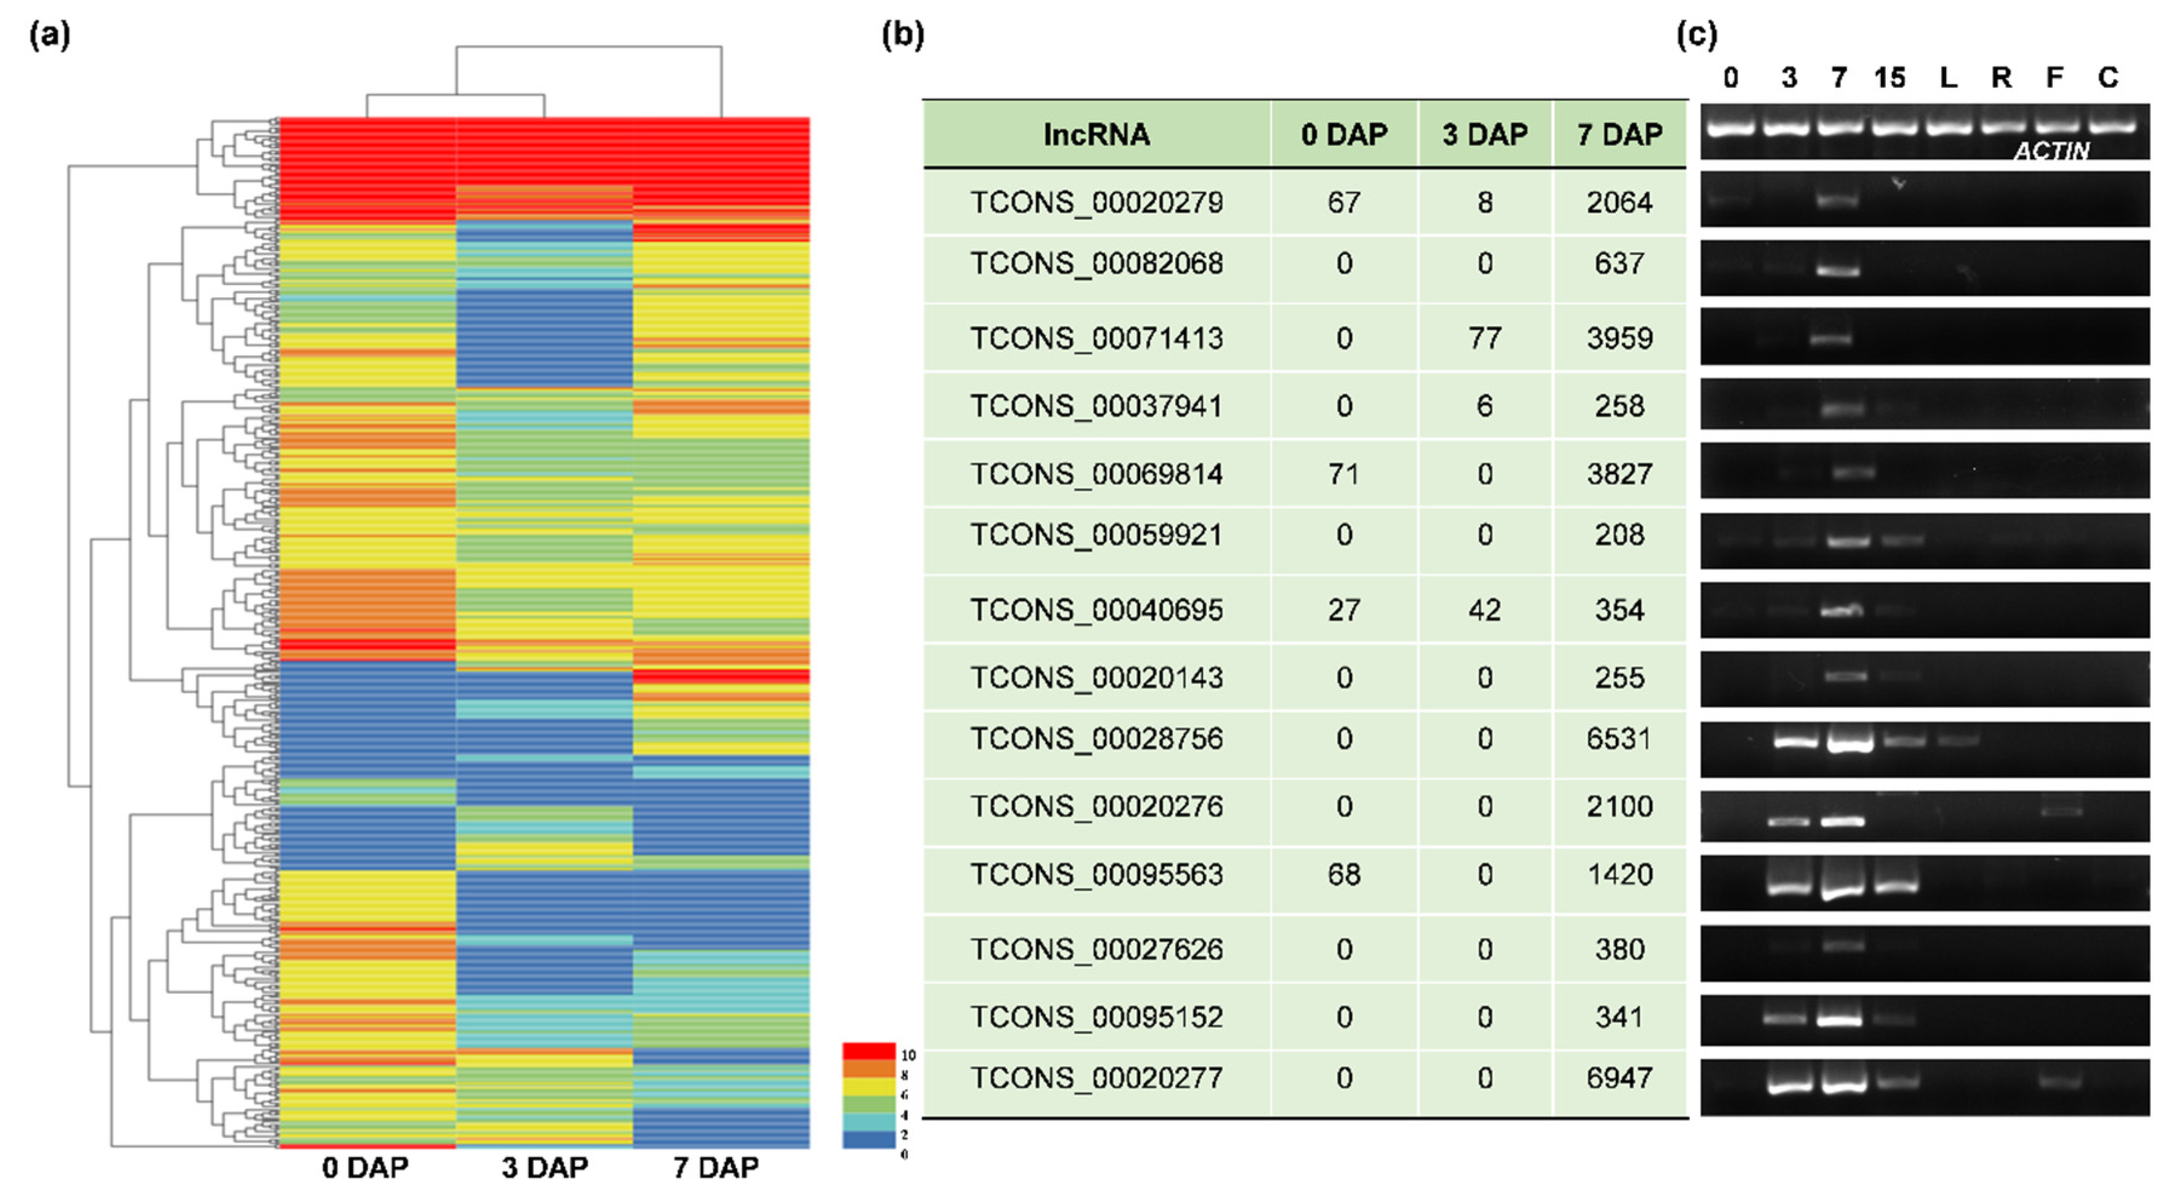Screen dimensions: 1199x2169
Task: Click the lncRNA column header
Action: pyautogui.click(x=1095, y=135)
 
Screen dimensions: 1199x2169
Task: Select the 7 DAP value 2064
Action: pyautogui.click(x=1618, y=203)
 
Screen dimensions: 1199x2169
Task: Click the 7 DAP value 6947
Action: pyautogui.click(x=1618, y=1079)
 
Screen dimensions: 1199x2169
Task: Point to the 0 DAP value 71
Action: pyautogui.click(x=1344, y=474)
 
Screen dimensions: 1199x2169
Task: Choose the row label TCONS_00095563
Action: pyautogui.click(x=1095, y=875)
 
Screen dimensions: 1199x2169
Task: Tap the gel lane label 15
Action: pyautogui.click(x=1889, y=78)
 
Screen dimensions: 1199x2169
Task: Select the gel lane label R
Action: pyautogui.click(x=2001, y=78)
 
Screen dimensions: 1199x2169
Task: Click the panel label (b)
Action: pyautogui.click(x=902, y=35)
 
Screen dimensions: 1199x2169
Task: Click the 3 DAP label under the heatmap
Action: pyautogui.click(x=544, y=1168)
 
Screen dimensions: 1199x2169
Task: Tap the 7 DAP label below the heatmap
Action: pyautogui.click(x=716, y=1168)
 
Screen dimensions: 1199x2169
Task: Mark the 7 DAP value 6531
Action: pyautogui.click(x=1618, y=739)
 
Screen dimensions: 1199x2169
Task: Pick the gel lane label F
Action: pyautogui.click(x=2055, y=78)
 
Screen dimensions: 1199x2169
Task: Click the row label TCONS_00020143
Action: pyautogui.click(x=1095, y=678)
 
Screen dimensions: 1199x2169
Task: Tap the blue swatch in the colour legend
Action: pyautogui.click(x=868, y=1139)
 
